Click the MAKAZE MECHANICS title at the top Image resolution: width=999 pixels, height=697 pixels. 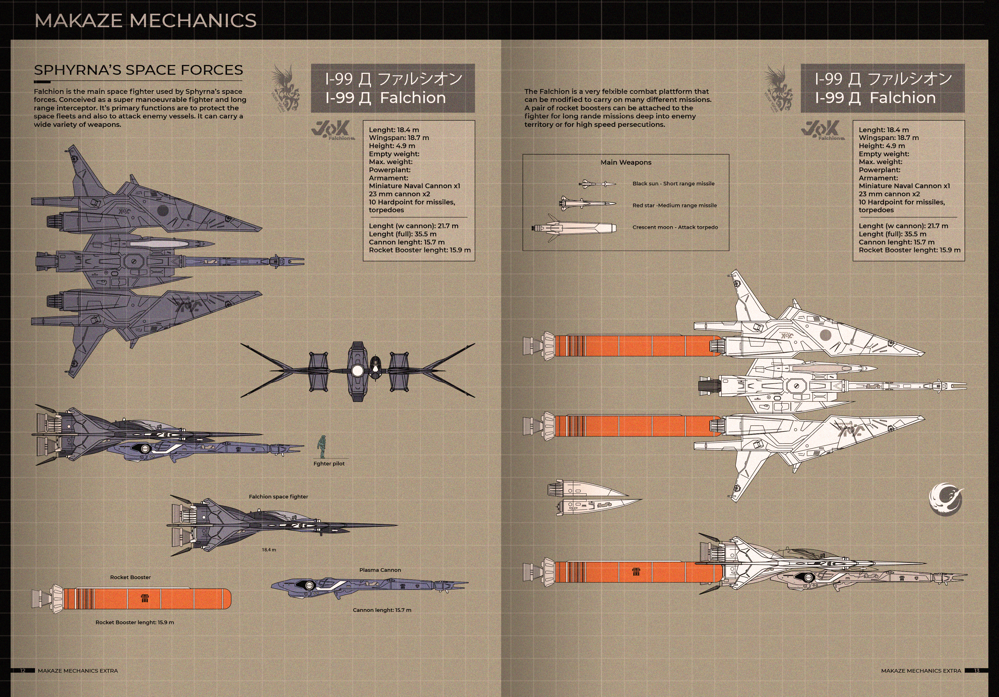point(145,20)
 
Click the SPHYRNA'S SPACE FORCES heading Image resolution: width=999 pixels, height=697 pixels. point(138,70)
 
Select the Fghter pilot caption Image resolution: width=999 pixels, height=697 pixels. point(329,464)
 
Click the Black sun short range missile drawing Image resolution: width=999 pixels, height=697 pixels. point(597,184)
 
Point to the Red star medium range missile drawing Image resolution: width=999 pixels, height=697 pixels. point(588,203)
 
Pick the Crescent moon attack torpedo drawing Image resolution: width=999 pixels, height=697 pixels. point(574,228)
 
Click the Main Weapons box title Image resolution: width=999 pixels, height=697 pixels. point(626,162)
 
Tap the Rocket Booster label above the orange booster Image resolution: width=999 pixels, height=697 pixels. point(130,577)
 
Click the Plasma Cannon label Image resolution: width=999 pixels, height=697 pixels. point(380,570)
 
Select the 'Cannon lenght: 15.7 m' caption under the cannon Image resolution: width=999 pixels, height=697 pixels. point(382,610)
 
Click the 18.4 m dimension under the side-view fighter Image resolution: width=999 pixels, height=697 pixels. point(269,550)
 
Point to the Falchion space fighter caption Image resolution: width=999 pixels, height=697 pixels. point(279,496)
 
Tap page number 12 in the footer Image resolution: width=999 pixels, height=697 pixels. point(23,670)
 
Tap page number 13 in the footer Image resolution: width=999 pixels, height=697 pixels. point(976,670)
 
